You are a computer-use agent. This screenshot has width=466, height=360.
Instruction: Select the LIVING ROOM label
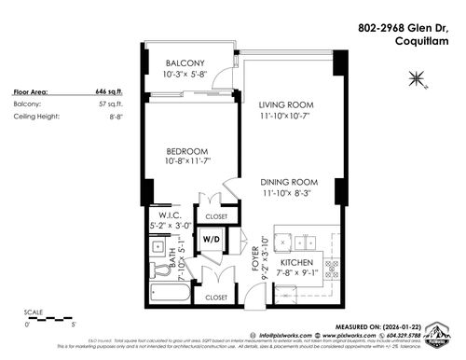coord(287,104)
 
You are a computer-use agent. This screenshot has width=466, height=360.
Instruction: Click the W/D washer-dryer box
coord(213,238)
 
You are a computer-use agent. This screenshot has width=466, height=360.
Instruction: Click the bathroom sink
coord(156,266)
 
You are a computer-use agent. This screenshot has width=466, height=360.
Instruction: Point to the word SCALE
coord(34,311)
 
